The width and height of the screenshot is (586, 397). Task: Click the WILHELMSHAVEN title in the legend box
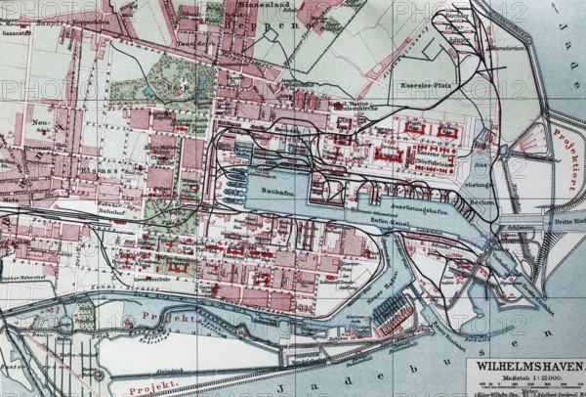coord(525,369)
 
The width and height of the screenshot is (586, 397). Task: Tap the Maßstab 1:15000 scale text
coord(525,379)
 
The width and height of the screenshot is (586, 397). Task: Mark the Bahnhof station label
coord(114,210)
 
